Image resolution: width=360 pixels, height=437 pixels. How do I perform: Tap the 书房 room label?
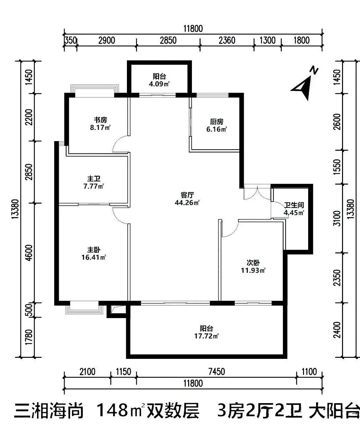point(101,120)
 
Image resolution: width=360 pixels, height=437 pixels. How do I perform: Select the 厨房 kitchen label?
point(217,122)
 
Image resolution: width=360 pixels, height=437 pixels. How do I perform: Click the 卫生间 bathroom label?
point(294,205)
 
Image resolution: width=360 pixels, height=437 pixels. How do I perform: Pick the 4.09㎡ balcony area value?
point(159,84)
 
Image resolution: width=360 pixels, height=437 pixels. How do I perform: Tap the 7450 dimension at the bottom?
point(216,372)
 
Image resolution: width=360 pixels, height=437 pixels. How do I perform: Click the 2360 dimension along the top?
point(227,40)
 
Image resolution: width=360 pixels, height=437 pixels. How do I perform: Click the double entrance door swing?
point(257,193)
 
